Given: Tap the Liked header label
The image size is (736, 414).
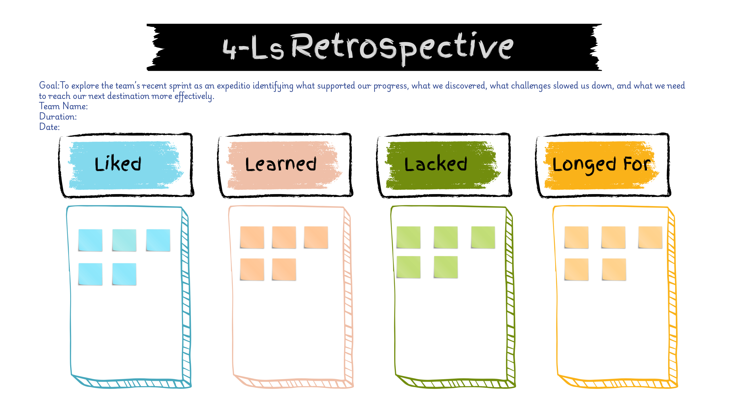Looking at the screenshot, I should [x=118, y=164].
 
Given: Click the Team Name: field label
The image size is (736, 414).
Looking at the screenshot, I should [x=63, y=106].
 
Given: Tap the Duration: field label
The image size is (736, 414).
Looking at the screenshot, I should [x=58, y=117].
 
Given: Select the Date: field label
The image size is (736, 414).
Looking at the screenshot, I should [x=49, y=127].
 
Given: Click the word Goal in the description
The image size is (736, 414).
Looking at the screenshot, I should [x=49, y=85].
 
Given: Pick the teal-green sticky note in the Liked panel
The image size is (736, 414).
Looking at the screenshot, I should [x=124, y=240].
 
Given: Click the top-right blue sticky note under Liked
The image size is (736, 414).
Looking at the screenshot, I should [x=158, y=240].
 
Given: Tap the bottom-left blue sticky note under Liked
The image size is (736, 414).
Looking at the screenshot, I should [x=90, y=274].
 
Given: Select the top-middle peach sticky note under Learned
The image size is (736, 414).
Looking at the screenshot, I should [x=284, y=237].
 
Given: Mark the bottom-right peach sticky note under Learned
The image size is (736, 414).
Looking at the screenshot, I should [x=284, y=269].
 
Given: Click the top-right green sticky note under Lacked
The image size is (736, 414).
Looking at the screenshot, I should [x=483, y=237].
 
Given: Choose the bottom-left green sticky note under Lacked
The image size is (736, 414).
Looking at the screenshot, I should [x=408, y=267].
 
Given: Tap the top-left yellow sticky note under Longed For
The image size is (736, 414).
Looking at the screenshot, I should [x=576, y=237].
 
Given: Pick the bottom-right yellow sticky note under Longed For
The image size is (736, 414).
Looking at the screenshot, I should [x=614, y=269].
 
